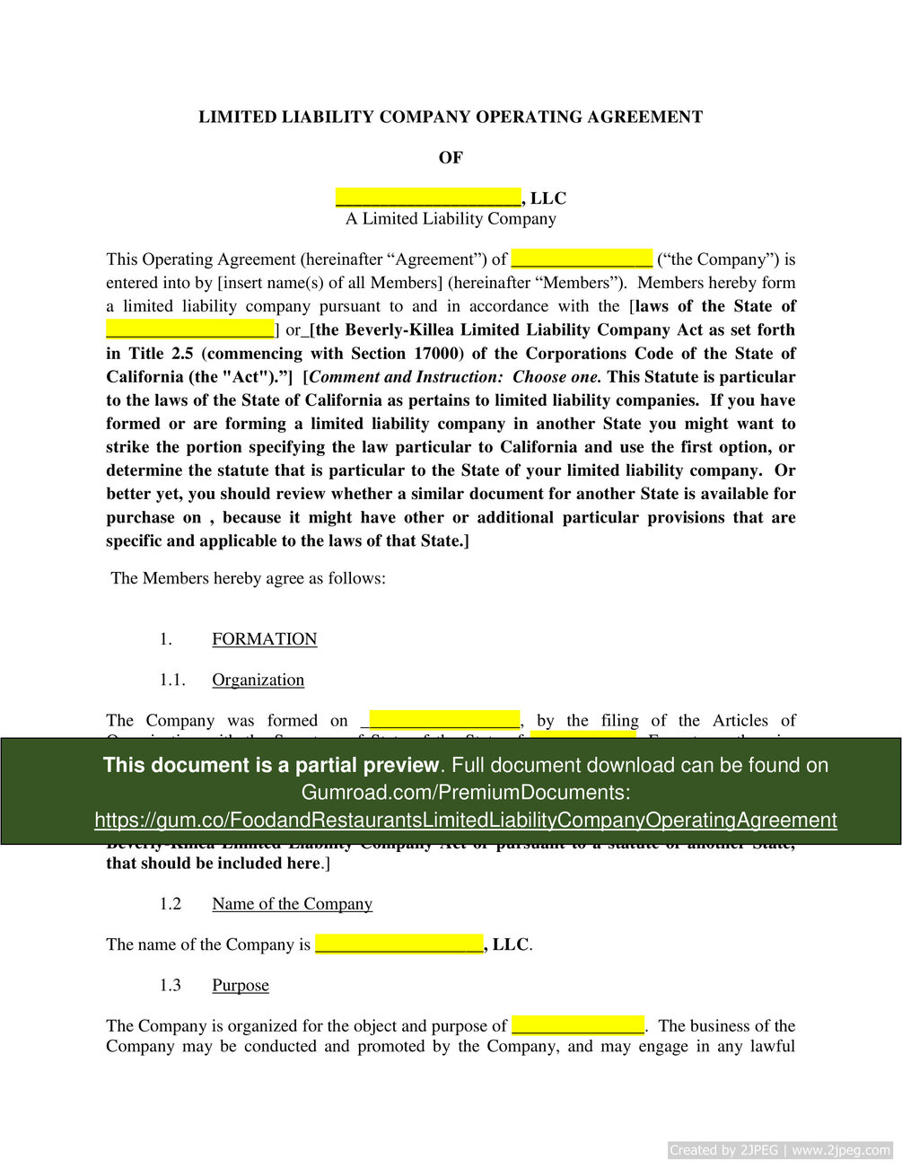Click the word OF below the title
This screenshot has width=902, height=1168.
[451, 158]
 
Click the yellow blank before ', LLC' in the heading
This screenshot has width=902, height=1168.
[428, 198]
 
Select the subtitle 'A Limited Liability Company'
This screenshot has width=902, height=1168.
[451, 219]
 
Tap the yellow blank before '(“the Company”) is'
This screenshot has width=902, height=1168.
[582, 259]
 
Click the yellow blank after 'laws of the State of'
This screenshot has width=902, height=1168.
[190, 329]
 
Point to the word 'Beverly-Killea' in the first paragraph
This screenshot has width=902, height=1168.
[399, 329]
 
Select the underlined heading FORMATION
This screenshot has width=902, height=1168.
[265, 639]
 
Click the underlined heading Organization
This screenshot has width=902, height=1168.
[258, 680]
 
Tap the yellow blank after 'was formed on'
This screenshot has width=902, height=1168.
[444, 720]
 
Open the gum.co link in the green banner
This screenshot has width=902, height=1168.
[465, 821]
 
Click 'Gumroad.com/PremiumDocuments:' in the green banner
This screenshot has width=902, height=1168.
[465, 793]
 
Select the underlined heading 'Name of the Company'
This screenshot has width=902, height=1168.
[292, 904]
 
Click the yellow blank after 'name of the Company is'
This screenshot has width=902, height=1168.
[399, 944]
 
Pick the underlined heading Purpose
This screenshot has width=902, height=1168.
[241, 986]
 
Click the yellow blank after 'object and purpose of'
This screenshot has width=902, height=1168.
[578, 1025]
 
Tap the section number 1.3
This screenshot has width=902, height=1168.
[171, 986]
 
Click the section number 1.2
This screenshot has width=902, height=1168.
[171, 904]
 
